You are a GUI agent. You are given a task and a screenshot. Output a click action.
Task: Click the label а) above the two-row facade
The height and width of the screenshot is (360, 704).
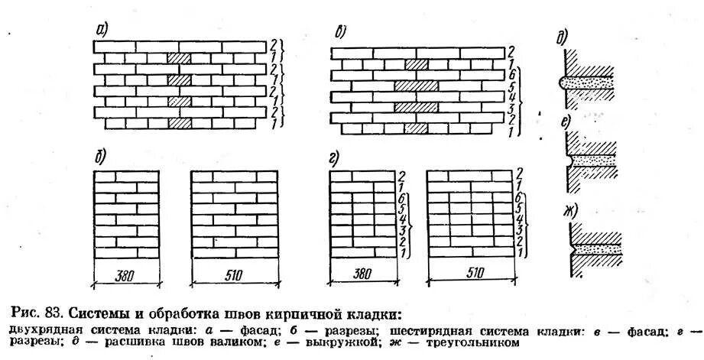(x=102, y=30)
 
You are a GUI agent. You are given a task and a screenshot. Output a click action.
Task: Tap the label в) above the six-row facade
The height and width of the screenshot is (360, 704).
(x=342, y=33)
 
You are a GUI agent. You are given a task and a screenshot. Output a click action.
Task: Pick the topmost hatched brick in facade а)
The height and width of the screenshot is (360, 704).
(x=179, y=58)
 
